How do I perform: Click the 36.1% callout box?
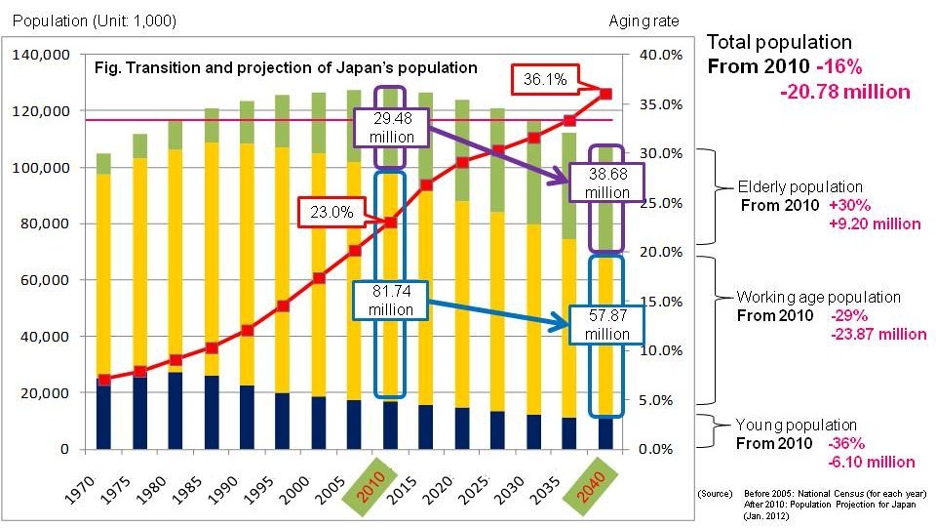[545, 79]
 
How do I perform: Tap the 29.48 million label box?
[391, 127]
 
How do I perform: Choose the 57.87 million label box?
[606, 324]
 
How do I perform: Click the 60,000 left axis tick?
[45, 280]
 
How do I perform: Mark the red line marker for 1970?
[103, 380]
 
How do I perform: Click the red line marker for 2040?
[605, 94]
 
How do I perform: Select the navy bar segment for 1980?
[175, 410]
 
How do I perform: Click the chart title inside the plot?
[285, 68]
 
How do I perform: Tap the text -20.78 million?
[844, 92]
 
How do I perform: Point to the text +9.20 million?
[874, 223]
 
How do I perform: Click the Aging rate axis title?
[643, 20]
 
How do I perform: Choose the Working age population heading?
[818, 297]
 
